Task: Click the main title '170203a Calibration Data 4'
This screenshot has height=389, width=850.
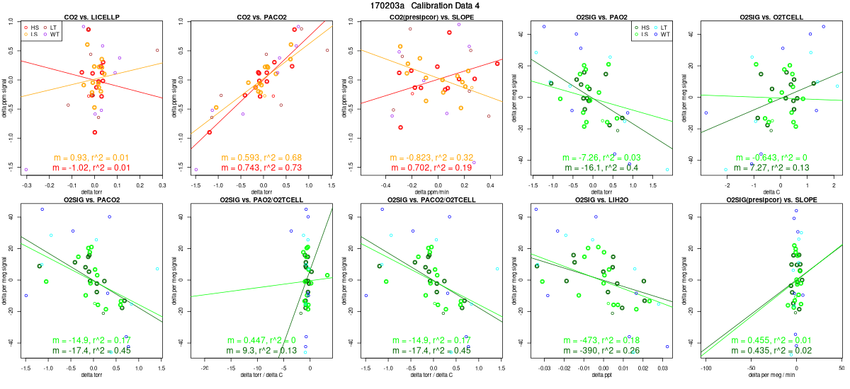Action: pos(425,6)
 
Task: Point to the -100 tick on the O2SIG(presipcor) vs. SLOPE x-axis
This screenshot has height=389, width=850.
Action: pos(707,369)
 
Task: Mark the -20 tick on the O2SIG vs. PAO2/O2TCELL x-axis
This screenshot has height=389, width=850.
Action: pos(205,369)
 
